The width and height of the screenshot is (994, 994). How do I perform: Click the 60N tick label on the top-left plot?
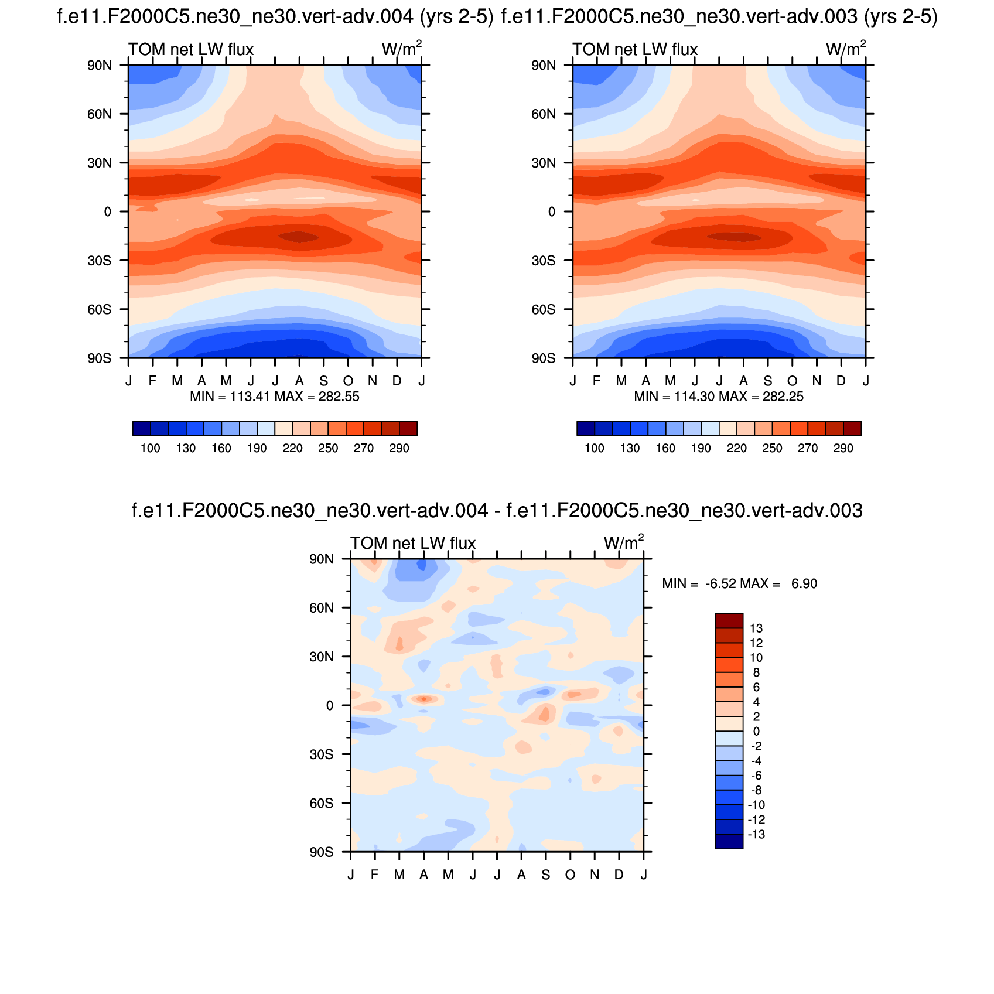(x=100, y=114)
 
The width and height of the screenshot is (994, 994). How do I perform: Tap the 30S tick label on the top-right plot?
(x=544, y=261)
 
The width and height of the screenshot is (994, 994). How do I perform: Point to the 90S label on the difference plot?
(x=322, y=852)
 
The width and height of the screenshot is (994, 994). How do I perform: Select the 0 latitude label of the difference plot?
(x=330, y=706)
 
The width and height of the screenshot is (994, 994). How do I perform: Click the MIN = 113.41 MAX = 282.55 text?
(x=275, y=397)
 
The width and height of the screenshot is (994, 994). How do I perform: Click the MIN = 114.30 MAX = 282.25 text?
(x=719, y=397)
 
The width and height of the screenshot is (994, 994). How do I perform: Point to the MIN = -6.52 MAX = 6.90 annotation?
(x=739, y=583)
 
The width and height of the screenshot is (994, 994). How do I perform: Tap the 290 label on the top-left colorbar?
(x=399, y=448)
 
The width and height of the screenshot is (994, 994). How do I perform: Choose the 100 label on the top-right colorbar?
(x=594, y=448)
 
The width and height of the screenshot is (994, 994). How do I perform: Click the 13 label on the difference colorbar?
(x=756, y=628)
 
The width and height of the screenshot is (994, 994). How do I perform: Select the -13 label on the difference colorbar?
(x=756, y=835)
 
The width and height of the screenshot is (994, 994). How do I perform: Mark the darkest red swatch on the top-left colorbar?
(x=408, y=428)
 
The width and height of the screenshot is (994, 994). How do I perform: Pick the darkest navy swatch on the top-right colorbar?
(x=585, y=428)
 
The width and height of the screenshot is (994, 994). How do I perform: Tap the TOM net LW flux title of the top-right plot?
(x=635, y=49)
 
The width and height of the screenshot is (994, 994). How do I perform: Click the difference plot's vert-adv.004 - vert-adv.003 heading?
(x=497, y=511)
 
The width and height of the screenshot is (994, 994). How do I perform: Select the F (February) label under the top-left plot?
(x=152, y=381)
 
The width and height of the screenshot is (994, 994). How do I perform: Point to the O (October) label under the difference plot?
(x=570, y=875)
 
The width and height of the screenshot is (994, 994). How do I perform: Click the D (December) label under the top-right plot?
(x=841, y=381)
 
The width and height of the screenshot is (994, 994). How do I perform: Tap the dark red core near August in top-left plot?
(x=299, y=237)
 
